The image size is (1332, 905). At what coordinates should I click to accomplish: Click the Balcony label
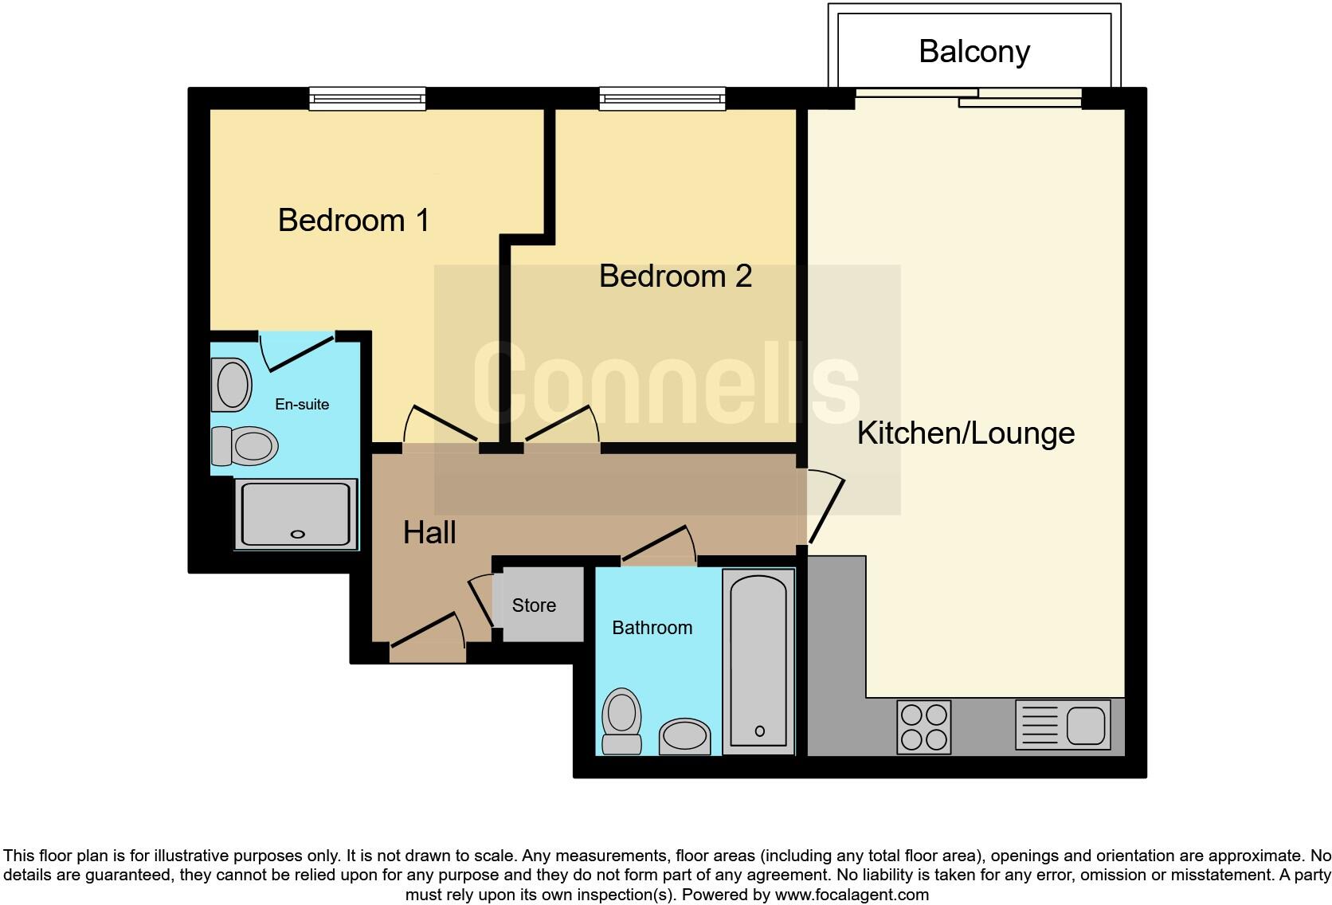[974, 52]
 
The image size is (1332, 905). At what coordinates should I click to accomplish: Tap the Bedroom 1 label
[354, 220]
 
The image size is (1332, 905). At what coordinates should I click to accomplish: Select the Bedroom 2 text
[675, 276]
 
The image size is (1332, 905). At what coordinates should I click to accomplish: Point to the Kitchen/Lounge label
[966, 433]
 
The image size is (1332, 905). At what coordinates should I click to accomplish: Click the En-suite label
[302, 405]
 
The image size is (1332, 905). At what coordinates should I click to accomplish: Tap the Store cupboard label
[534, 605]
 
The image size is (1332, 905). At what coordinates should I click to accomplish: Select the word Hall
[429, 532]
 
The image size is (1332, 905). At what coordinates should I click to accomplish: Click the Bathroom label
[652, 628]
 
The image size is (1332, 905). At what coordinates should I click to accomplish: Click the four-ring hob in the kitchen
[923, 727]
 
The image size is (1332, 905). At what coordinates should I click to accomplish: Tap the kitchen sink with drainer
[1063, 725]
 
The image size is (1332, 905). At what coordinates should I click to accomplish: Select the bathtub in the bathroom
[758, 661]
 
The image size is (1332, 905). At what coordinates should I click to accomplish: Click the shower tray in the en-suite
[296, 514]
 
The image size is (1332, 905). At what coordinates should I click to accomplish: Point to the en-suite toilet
[244, 446]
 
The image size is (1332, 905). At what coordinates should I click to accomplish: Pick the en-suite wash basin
[232, 385]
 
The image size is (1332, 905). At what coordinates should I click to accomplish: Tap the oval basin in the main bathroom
[685, 735]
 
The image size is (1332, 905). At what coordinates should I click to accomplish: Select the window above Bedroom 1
[367, 99]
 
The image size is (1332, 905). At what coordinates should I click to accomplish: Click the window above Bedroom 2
[662, 99]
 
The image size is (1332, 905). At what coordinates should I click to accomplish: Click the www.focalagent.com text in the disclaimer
[851, 895]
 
